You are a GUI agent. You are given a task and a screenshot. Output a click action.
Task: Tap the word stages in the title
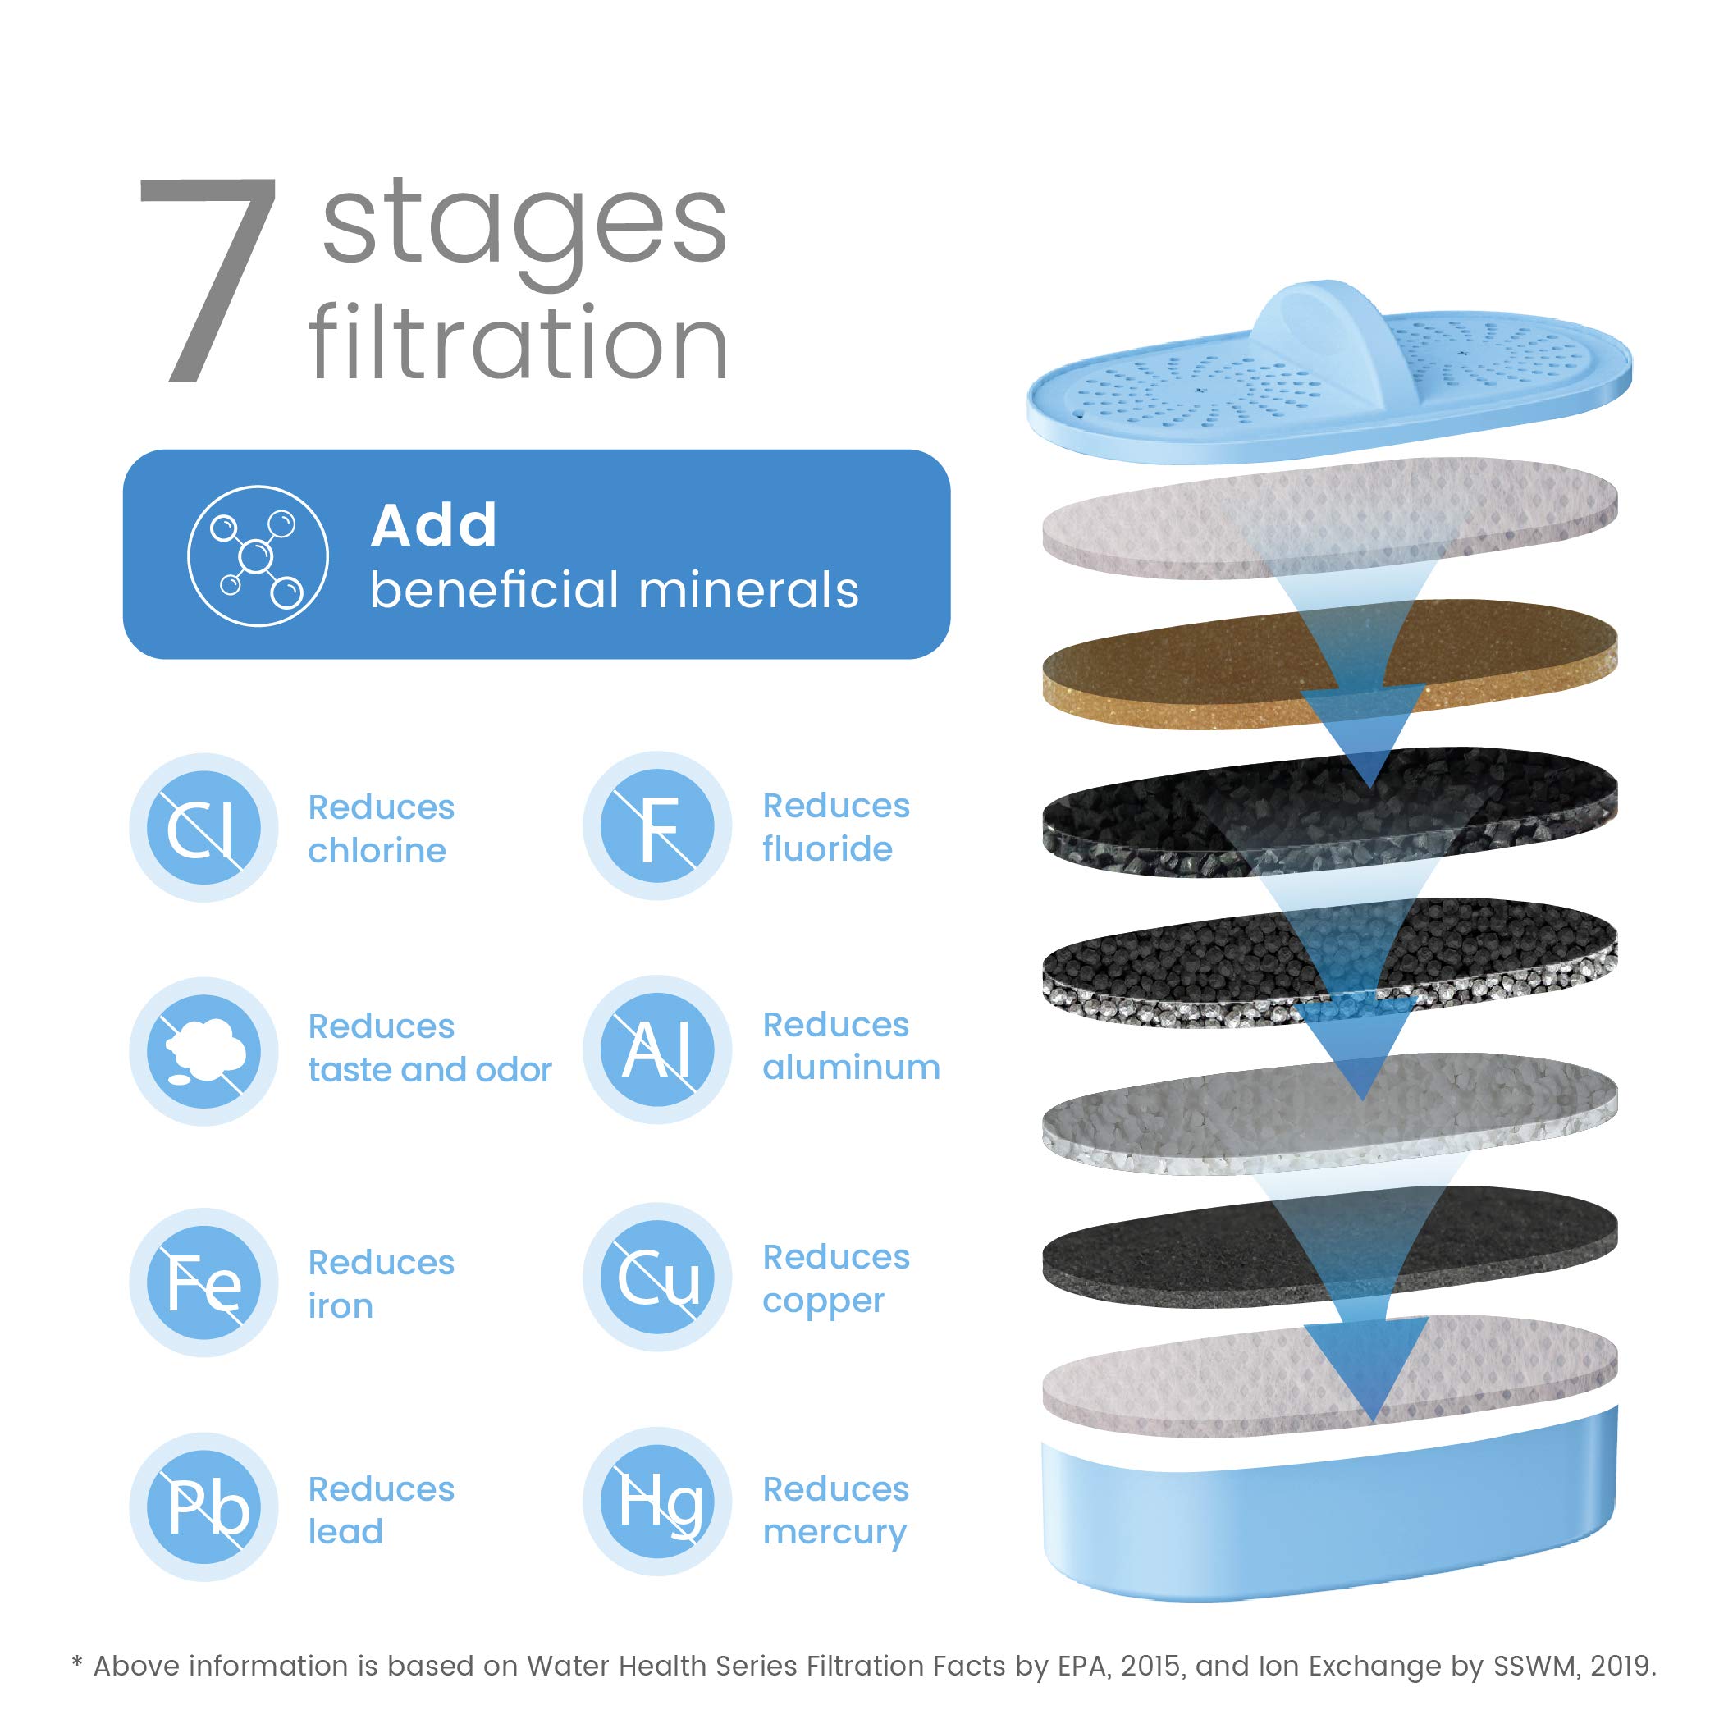coord(524,226)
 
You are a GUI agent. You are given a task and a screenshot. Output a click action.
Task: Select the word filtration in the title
coord(519,344)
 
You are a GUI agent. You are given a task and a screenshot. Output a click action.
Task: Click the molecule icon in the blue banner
coord(258,556)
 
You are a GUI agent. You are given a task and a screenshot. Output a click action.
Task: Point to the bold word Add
coord(434,526)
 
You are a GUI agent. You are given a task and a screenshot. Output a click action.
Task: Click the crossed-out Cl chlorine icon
coord(203,828)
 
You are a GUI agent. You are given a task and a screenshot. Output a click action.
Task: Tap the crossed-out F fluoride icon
coord(656,825)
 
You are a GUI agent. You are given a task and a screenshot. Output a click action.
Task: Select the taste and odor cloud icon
coord(203,1050)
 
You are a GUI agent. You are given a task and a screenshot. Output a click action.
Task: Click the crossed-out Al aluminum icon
coord(656,1049)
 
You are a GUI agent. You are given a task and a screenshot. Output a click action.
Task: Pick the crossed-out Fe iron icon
coord(203,1282)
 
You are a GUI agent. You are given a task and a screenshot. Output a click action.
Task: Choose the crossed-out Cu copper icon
coord(656,1278)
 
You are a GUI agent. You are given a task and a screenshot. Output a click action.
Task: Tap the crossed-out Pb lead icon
coord(203,1507)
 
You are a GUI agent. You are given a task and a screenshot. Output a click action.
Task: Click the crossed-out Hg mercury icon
coord(656,1502)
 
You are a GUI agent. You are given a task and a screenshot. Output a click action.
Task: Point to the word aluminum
coord(851,1068)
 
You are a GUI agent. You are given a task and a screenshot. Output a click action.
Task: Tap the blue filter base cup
coord(1328,1531)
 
